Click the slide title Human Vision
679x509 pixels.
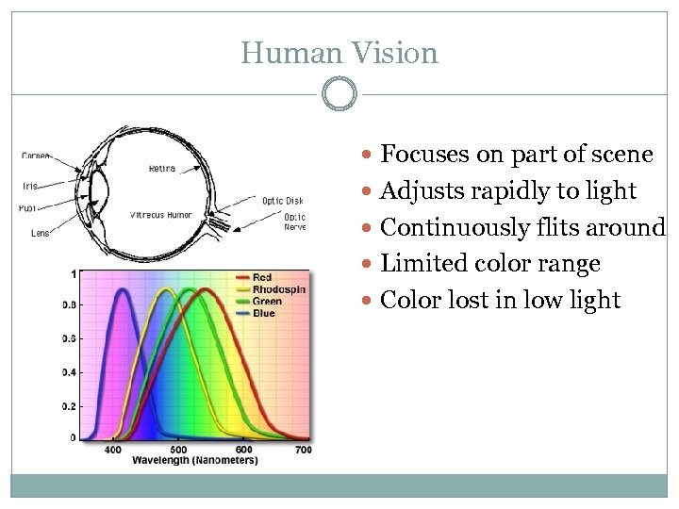pyautogui.click(x=339, y=53)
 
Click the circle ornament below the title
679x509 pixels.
pyautogui.click(x=339, y=94)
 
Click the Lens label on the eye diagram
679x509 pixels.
pyautogui.click(x=39, y=233)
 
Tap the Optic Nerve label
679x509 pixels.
pyautogui.click(x=295, y=221)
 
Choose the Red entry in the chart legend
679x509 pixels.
pyautogui.click(x=262, y=277)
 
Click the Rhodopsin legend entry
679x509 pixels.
pyautogui.click(x=278, y=289)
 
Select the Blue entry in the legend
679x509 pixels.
pyautogui.click(x=263, y=313)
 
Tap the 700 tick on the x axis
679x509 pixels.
pyautogui.click(x=304, y=451)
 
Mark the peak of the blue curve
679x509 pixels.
pyautogui.click(x=122, y=290)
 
